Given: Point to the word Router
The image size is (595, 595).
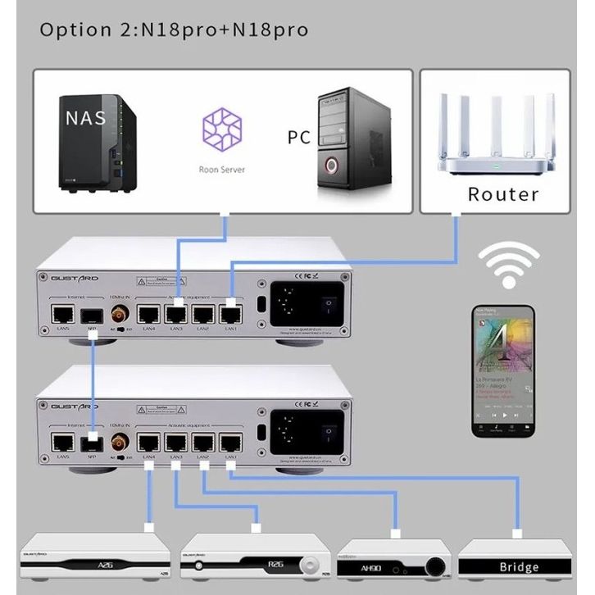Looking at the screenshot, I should coord(503,194).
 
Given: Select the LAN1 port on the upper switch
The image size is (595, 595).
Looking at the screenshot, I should coord(231,313).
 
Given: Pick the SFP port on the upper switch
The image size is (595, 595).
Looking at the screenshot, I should coord(92,314).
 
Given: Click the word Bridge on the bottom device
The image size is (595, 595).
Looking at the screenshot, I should coord(520,567).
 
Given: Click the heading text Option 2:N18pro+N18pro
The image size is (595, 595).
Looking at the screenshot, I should coord(174,30).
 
